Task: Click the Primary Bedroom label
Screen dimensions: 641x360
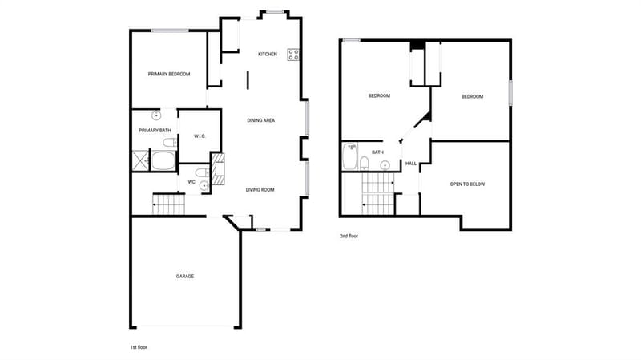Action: [169, 74]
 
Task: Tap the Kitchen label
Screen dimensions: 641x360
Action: [268, 54]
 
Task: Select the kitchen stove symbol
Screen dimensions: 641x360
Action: [293, 55]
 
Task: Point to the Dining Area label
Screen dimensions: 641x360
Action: [261, 120]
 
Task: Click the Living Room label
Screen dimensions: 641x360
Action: [260, 190]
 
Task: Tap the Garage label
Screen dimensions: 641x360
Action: [185, 277]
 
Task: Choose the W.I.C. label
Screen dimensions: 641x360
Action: [200, 136]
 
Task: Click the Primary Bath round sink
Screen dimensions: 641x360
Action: [156, 115]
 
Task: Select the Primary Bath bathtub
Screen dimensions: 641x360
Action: [163, 160]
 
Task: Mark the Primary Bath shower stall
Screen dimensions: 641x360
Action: [141, 160]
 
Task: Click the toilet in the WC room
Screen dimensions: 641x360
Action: [202, 172]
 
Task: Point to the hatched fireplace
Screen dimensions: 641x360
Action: [218, 169]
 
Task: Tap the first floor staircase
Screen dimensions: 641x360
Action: [168, 204]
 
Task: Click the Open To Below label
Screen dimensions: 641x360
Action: [467, 184]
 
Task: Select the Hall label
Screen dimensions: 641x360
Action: [411, 164]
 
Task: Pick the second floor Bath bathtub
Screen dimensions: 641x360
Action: [349, 156]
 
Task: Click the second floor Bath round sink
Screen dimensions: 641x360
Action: [385, 165]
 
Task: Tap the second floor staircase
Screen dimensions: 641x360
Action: [377, 193]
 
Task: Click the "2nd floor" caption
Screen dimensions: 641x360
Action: [349, 236]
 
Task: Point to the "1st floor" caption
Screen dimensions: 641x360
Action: [139, 347]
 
